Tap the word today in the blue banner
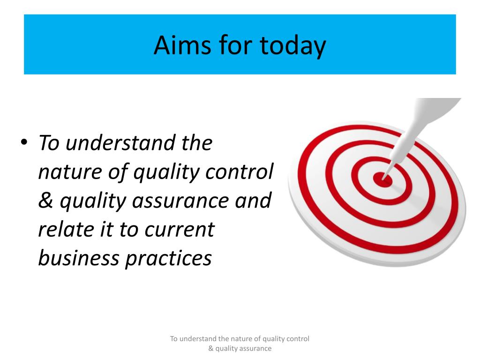tap(292, 46)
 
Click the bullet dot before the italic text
tap(24, 142)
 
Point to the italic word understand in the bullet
tap(120, 142)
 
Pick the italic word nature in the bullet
tap(70, 172)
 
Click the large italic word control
tap(240, 171)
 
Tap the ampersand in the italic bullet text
tap(45, 200)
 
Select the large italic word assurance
tap(180, 201)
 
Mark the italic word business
tap(79, 258)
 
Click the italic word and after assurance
tap(253, 200)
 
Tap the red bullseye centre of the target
tap(382, 179)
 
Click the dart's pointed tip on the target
tap(382, 178)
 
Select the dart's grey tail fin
tap(437, 107)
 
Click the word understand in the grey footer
tap(198, 338)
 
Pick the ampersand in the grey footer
tap(210, 348)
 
